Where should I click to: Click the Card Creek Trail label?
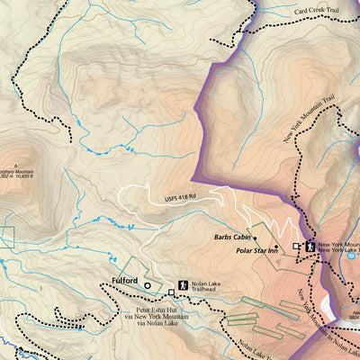tap(318, 13)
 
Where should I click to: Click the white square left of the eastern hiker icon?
tap(297, 246)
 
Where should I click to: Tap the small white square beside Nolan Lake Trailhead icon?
tap(171, 292)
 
